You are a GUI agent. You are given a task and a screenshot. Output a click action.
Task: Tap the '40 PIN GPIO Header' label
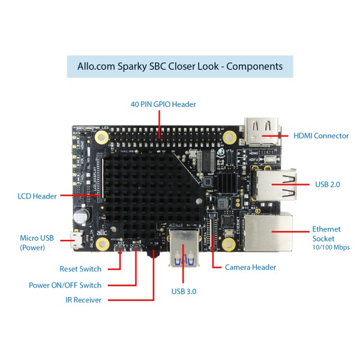tap(163, 104)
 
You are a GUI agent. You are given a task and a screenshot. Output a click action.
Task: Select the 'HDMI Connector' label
tap(321, 136)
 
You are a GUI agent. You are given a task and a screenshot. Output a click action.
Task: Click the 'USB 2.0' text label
tap(327, 184)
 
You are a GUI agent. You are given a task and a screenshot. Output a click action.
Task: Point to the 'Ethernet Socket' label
tap(326, 233)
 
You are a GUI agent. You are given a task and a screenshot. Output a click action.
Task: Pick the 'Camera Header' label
tap(251, 267)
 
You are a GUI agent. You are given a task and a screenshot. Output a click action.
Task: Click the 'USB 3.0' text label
tap(183, 292)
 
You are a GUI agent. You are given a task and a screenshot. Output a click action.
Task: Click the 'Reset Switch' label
tap(80, 269)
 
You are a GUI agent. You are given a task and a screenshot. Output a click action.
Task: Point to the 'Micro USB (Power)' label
tap(37, 242)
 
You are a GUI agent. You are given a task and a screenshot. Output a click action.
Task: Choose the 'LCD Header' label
tap(37, 196)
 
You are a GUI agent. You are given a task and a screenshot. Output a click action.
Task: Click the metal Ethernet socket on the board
tap(271, 231)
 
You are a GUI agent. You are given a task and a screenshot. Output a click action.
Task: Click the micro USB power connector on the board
tap(76, 242)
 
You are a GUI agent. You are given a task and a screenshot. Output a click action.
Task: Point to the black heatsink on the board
tap(150, 192)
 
